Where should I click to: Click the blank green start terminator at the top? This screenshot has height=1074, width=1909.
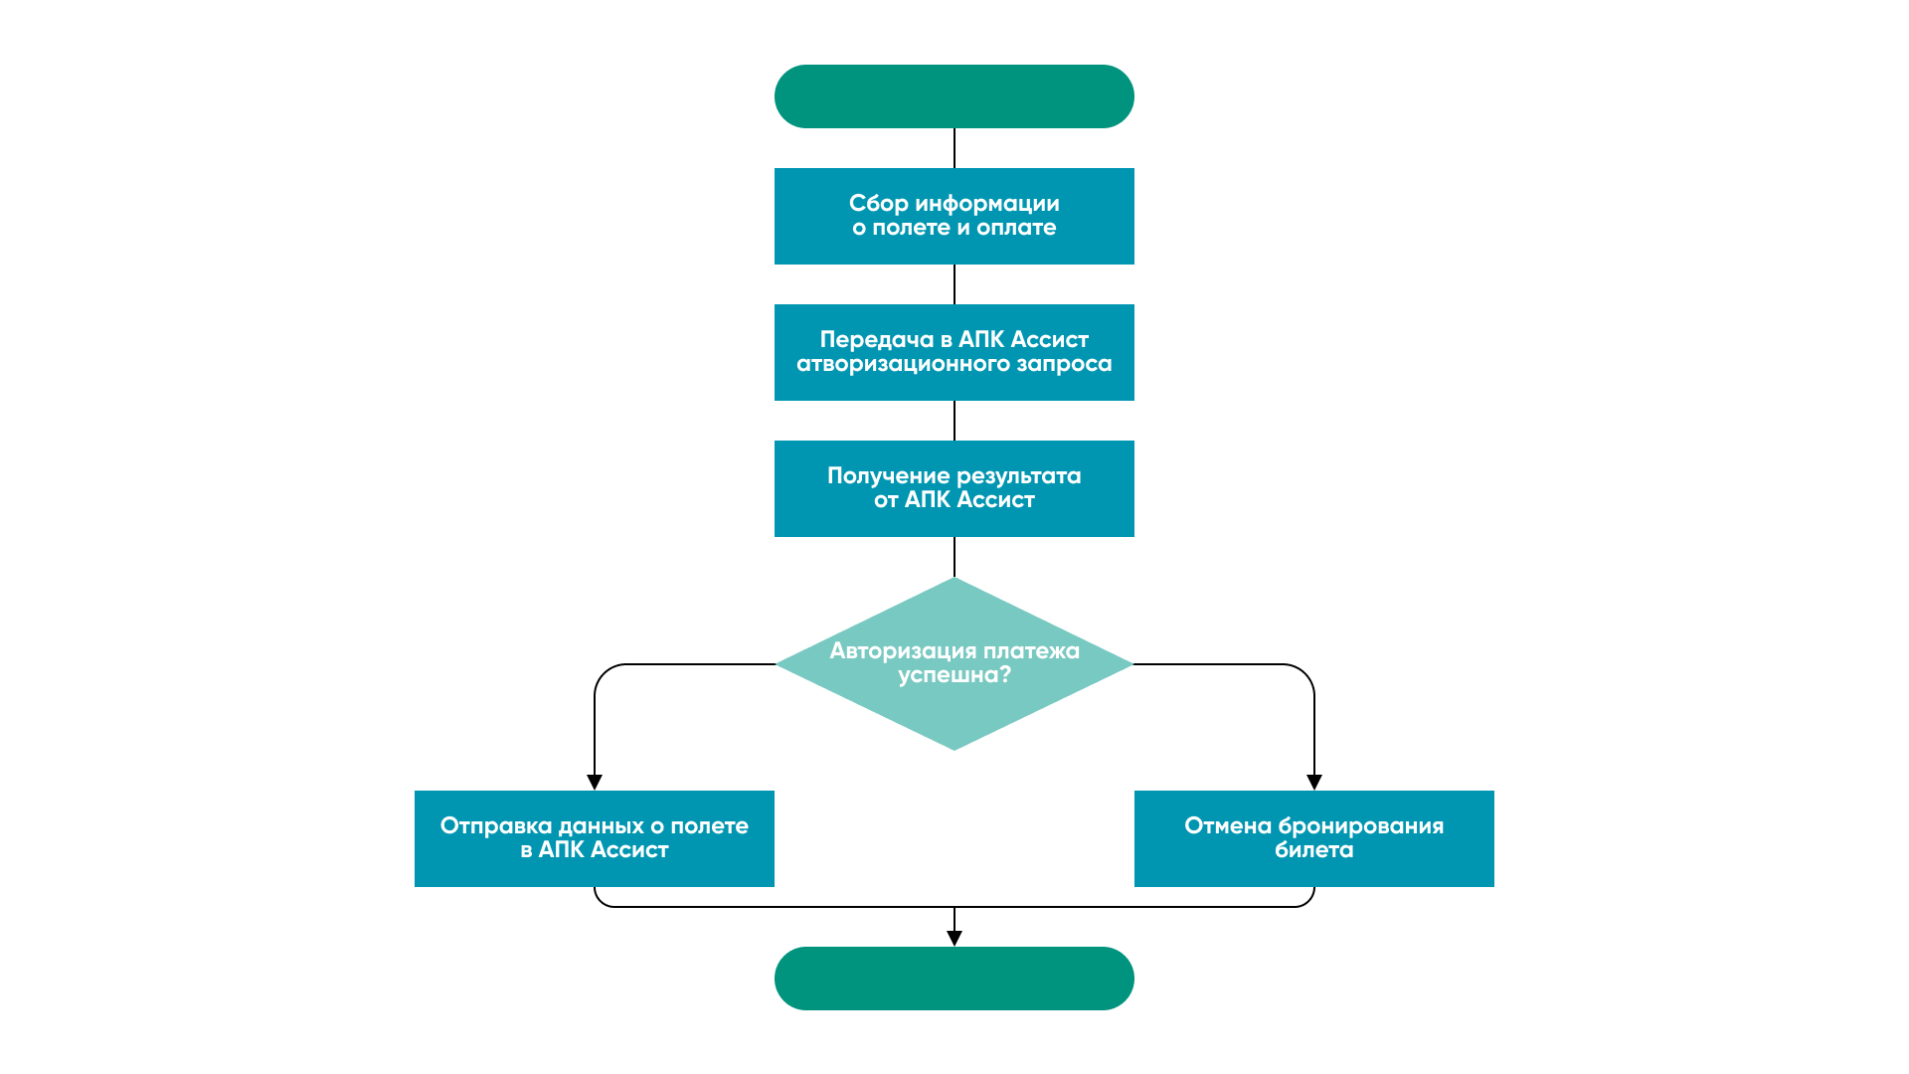pyautogui.click(x=954, y=96)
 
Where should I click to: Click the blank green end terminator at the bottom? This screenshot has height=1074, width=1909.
pyautogui.click(x=954, y=979)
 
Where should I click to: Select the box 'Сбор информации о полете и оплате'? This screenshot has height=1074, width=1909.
pyautogui.click(x=954, y=216)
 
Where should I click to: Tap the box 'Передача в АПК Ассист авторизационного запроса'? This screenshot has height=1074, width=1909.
pyautogui.click(x=954, y=352)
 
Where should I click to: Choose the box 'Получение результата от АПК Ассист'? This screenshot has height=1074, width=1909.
pyautogui.click(x=954, y=488)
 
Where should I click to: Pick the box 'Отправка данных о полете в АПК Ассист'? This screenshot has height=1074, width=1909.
pyautogui.click(x=594, y=838)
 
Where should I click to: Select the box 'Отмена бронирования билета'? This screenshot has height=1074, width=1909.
pyautogui.click(x=1313, y=838)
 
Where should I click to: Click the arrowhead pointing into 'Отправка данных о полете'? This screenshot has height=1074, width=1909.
pyautogui.click(x=595, y=783)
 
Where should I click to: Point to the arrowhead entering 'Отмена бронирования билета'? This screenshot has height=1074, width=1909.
pyautogui.click(x=1314, y=783)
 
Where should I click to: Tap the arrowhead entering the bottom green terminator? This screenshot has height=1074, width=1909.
pyautogui.click(x=954, y=939)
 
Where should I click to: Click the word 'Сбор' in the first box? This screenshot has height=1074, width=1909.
pyautogui.click(x=878, y=204)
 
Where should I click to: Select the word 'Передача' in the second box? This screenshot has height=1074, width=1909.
pyautogui.click(x=876, y=340)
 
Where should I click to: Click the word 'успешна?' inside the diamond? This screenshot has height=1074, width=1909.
pyautogui.click(x=954, y=675)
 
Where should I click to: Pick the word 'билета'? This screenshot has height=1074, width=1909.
pyautogui.click(x=1313, y=850)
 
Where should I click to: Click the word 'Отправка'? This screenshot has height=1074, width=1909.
pyautogui.click(x=495, y=826)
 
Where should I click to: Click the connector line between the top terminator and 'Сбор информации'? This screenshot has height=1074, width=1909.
pyautogui.click(x=954, y=148)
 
